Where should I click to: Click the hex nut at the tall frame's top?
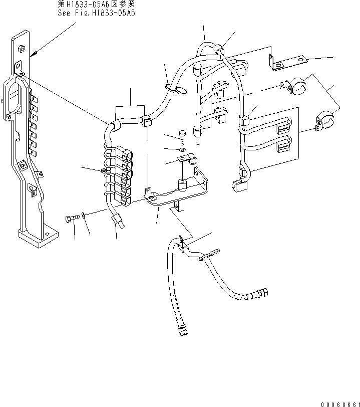21,49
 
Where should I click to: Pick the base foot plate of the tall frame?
37,238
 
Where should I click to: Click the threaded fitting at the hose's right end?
263,292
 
